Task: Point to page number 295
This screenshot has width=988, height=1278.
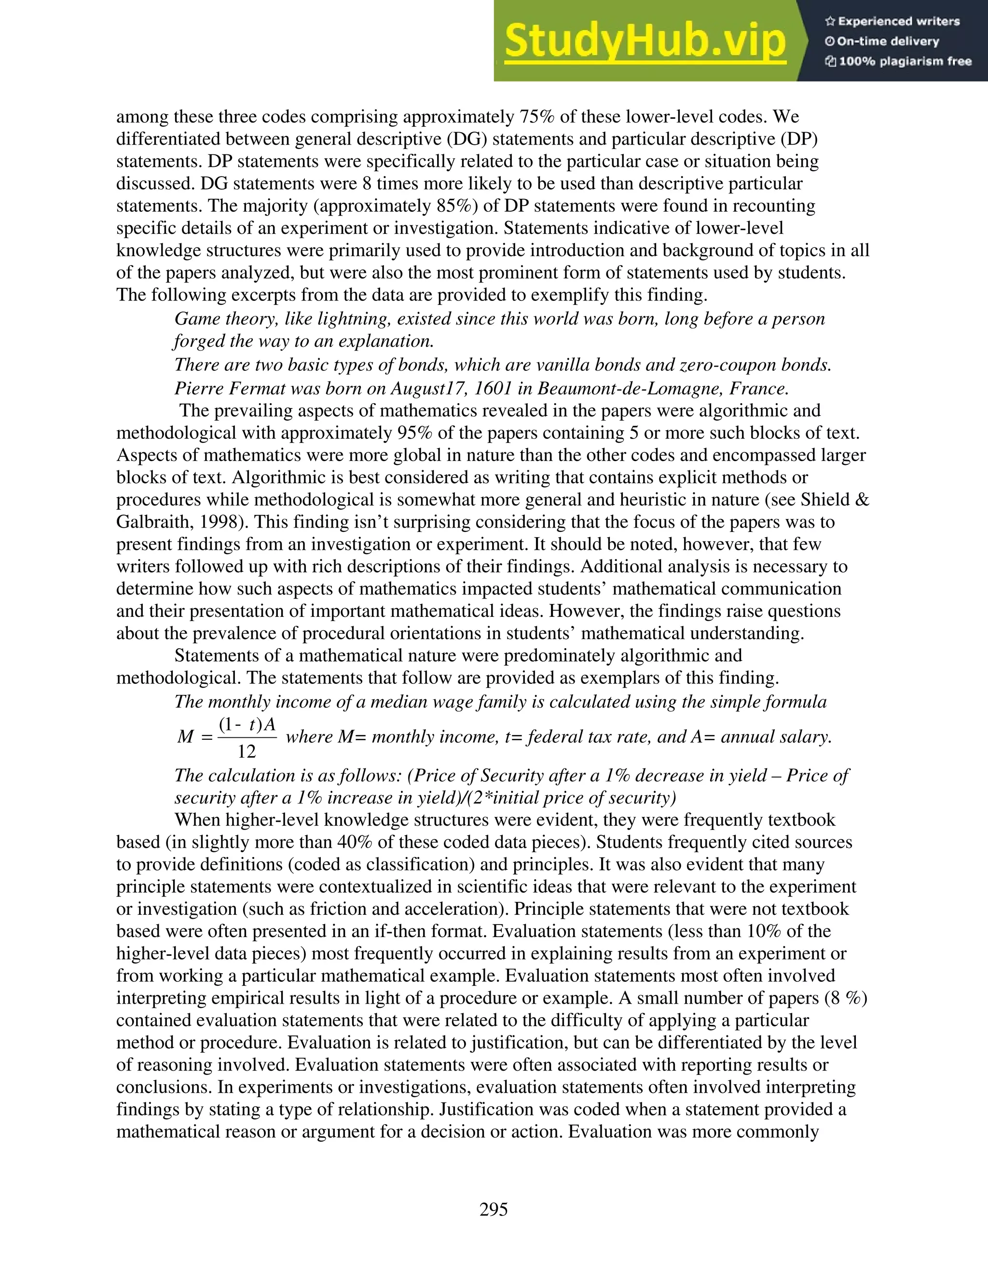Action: pyautogui.click(x=494, y=1209)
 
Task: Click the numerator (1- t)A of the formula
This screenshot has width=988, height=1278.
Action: pyautogui.click(x=247, y=724)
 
